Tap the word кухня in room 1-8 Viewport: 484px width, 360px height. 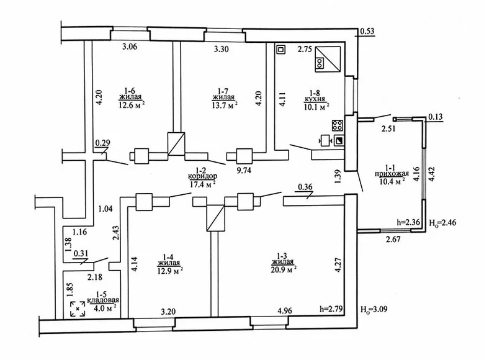point(315,99)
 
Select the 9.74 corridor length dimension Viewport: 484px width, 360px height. point(244,171)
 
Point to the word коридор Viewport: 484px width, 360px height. point(202,176)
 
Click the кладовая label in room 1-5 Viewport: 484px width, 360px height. point(103,300)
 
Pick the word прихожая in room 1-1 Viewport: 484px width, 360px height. point(392,174)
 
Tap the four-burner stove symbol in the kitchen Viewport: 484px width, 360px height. point(338,125)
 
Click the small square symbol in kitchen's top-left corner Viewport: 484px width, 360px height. point(281,50)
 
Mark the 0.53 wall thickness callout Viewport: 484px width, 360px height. point(367,31)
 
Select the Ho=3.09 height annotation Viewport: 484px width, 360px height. point(374,309)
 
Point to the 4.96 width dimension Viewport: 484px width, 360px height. point(285,310)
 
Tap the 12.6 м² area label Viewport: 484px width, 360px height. point(132,106)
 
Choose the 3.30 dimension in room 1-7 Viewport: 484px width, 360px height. point(222,49)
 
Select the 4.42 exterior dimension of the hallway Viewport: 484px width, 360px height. point(431,174)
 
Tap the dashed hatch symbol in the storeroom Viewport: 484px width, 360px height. point(78,308)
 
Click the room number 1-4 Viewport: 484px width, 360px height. point(169,257)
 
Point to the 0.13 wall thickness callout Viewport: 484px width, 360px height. point(436,117)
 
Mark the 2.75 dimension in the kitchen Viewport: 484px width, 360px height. point(305,50)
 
